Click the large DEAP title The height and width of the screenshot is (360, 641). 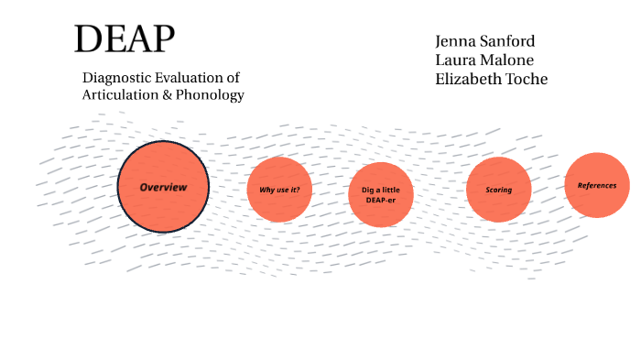click(x=124, y=39)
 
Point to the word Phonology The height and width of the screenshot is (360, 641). click(x=211, y=94)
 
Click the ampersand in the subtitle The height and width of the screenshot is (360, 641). click(x=166, y=94)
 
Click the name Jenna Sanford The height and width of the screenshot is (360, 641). click(x=485, y=42)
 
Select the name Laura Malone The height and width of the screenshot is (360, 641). click(x=484, y=60)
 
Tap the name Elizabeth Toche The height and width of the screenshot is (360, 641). click(x=492, y=80)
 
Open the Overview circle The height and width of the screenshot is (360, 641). click(x=164, y=186)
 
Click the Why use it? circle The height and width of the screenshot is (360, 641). click(x=279, y=190)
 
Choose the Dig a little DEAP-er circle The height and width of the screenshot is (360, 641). click(x=381, y=193)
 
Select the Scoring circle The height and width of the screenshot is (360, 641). click(x=499, y=191)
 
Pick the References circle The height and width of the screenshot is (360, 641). click(x=597, y=185)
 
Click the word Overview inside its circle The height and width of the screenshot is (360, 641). click(x=163, y=187)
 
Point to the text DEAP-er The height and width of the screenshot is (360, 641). click(x=380, y=199)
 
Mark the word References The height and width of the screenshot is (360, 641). click(x=597, y=186)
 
